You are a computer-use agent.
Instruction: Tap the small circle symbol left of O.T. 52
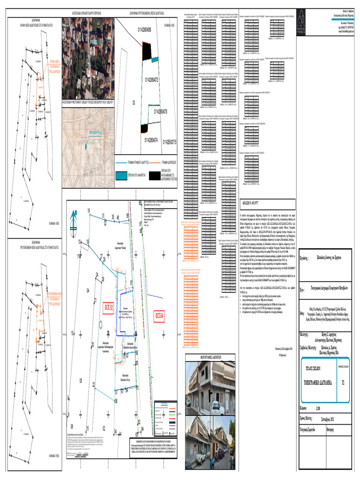(x=101, y=324)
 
